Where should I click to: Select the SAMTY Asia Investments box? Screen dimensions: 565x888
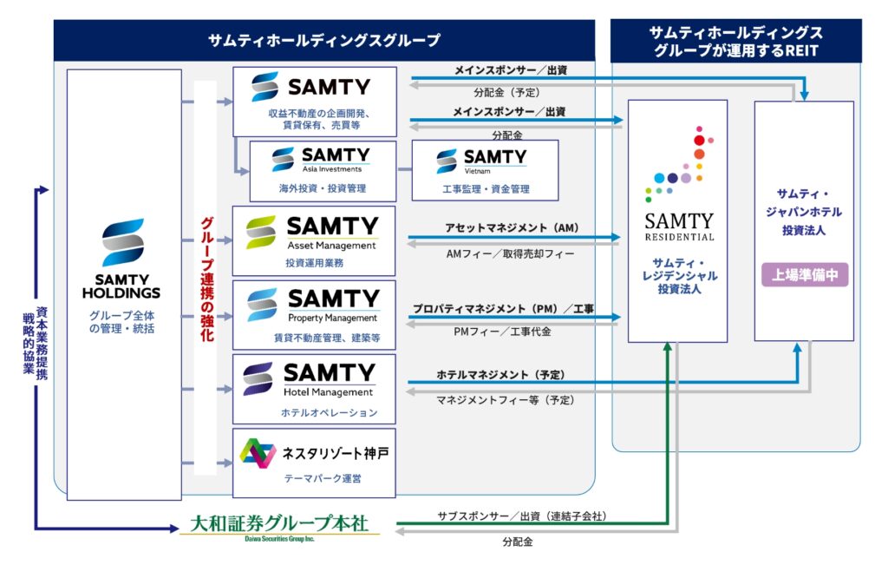pyautogui.click(x=323, y=171)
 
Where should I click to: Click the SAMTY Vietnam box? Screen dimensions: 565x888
pyautogui.click(x=485, y=171)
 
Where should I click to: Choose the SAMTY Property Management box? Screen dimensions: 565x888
pyautogui.click(x=314, y=314)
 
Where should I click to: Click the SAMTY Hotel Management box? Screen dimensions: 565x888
pyautogui.click(x=314, y=388)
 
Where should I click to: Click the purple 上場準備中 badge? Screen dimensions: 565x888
pyautogui.click(x=804, y=275)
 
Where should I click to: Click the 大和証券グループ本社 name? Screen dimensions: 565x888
pyautogui.click(x=279, y=523)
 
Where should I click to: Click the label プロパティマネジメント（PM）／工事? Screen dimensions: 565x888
pyautogui.click(x=503, y=308)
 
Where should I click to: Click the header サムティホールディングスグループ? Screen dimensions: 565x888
pyautogui.click(x=324, y=40)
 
